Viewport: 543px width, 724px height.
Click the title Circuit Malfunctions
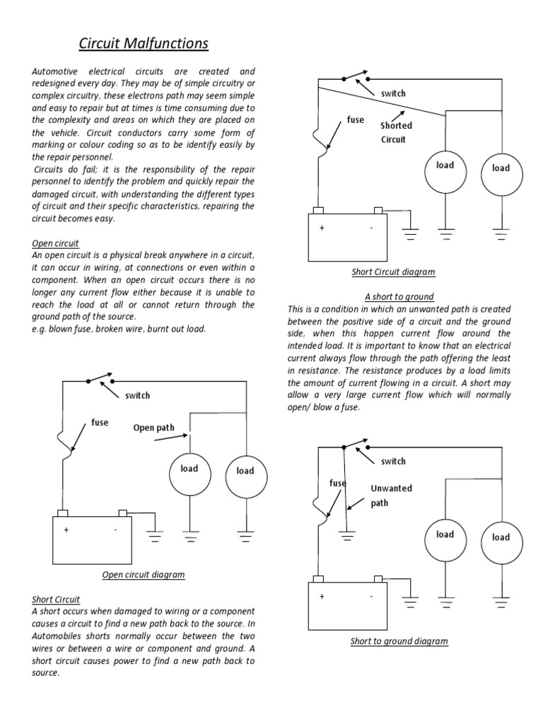click(143, 44)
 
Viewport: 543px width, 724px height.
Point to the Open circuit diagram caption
click(144, 574)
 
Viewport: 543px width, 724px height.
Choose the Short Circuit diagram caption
click(393, 271)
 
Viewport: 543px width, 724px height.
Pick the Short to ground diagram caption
click(399, 641)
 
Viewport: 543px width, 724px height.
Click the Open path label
click(153, 427)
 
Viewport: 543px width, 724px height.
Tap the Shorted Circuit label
click(396, 132)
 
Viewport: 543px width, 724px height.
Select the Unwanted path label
click(391, 496)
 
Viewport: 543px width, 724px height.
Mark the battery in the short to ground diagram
click(348, 604)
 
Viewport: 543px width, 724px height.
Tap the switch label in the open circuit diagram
click(137, 395)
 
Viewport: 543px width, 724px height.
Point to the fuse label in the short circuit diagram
click(356, 119)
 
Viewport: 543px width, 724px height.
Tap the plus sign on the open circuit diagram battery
click(66, 530)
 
